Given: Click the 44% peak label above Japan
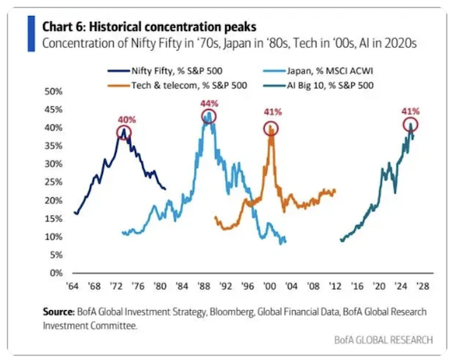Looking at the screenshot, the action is click(209, 104).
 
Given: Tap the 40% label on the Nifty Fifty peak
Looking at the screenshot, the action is click(127, 120).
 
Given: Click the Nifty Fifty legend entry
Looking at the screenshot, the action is click(165, 70).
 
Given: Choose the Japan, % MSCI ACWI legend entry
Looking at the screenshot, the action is click(318, 70).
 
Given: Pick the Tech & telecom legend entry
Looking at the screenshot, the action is click(177, 86).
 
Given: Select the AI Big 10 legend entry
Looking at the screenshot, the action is click(318, 86).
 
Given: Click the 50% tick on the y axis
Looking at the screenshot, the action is click(54, 92).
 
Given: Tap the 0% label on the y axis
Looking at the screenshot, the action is click(56, 273).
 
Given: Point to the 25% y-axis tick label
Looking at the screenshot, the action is click(54, 182).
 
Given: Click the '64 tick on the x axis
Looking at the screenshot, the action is click(72, 286).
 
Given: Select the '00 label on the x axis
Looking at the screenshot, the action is click(269, 286).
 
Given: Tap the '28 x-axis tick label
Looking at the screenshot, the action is click(422, 286).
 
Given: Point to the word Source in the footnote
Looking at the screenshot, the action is click(58, 311).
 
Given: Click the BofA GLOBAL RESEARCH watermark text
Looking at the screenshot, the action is click(383, 340).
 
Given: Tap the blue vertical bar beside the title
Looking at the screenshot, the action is click(31, 33).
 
